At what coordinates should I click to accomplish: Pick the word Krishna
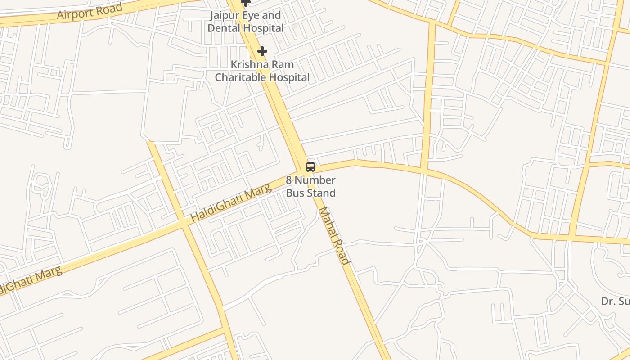pyautogui.click(x=249, y=64)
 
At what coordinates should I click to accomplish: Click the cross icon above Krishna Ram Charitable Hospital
pyautogui.click(x=262, y=51)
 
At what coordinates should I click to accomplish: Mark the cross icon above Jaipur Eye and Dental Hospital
pyautogui.click(x=245, y=2)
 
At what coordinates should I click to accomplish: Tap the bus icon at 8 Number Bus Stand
pyautogui.click(x=310, y=167)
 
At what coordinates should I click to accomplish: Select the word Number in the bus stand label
pyautogui.click(x=315, y=180)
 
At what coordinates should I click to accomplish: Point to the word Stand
pyautogui.click(x=322, y=193)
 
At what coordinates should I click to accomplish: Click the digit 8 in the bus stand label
pyautogui.click(x=289, y=180)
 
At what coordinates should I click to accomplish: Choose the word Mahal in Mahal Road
pyautogui.click(x=328, y=222)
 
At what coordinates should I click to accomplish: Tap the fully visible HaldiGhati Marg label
pyautogui.click(x=231, y=202)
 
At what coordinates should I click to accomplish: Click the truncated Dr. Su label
pyautogui.click(x=615, y=301)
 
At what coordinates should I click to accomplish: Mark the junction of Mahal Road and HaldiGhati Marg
pyautogui.click(x=301, y=170)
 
